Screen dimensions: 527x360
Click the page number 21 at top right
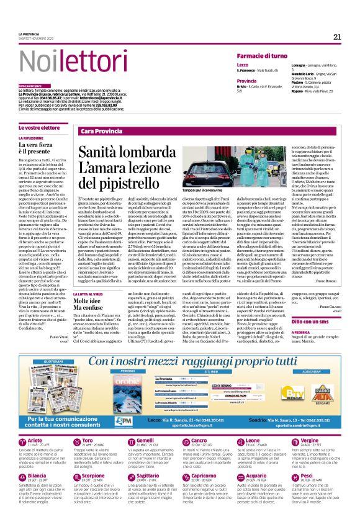coord(337,37)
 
